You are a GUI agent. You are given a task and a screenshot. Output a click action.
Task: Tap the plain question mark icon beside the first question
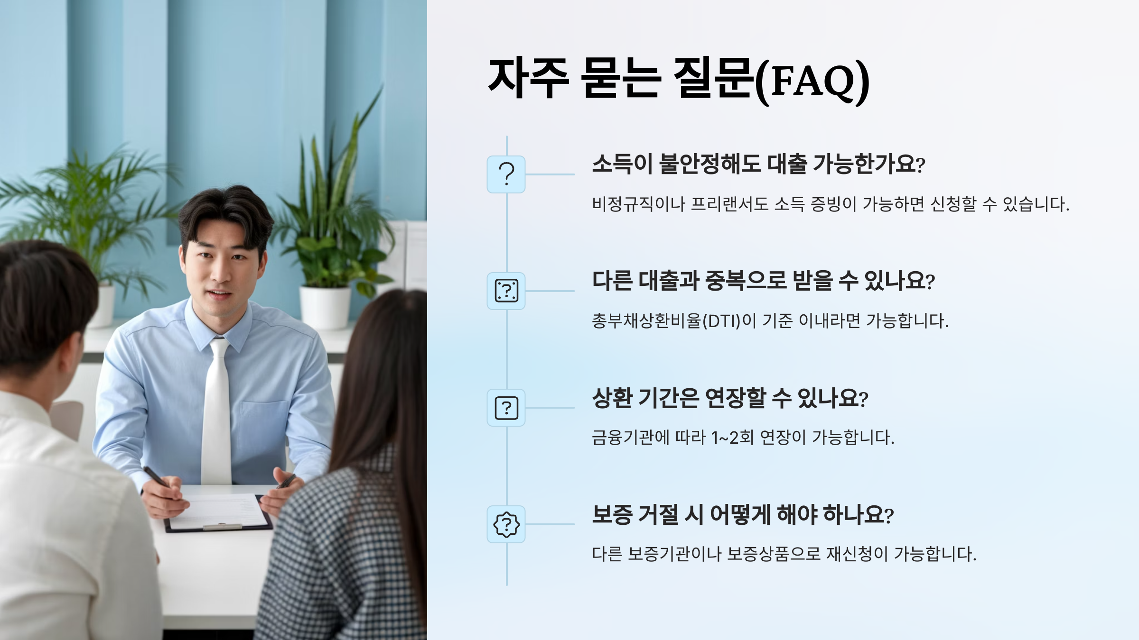(x=506, y=174)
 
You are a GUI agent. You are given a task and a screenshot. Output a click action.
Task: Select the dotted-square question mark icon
(x=506, y=291)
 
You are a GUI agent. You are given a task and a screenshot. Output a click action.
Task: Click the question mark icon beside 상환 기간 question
(x=506, y=408)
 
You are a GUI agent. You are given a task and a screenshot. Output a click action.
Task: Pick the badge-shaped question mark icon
(x=506, y=524)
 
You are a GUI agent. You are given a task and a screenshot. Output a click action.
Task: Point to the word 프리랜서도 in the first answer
(x=729, y=204)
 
